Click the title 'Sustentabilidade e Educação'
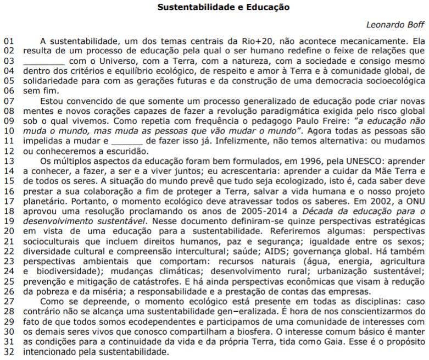click(x=223, y=8)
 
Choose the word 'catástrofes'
click(x=150, y=281)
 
